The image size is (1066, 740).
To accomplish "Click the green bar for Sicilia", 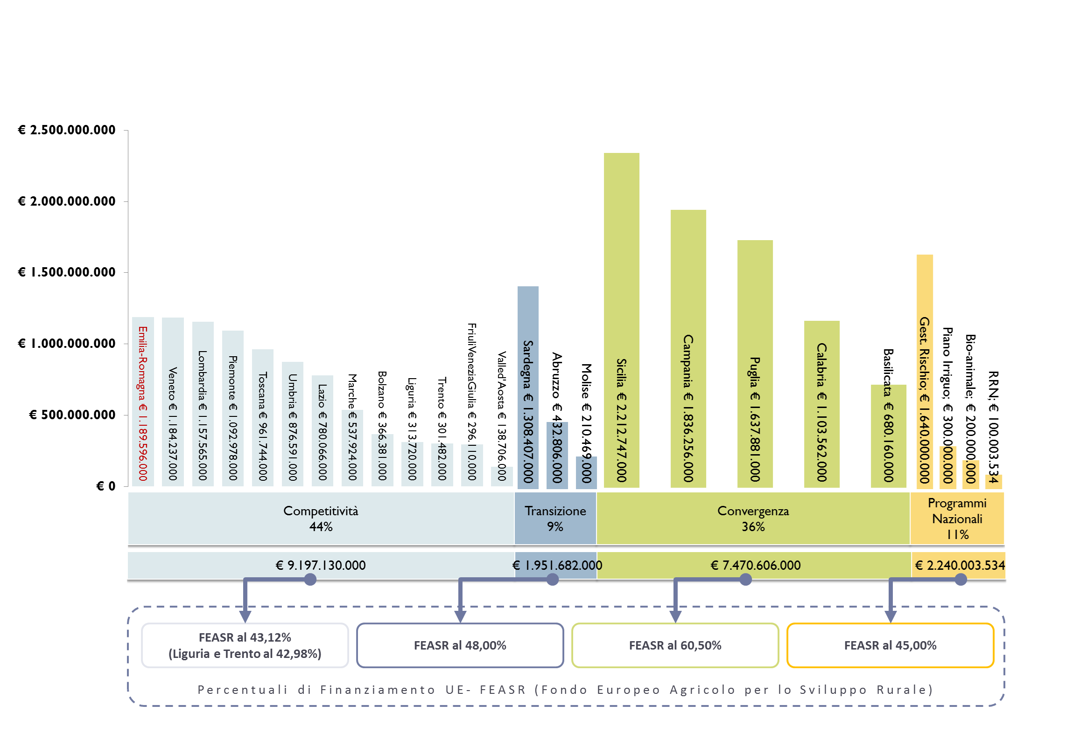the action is coord(621,320).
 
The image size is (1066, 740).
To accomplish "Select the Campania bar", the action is coord(688,349).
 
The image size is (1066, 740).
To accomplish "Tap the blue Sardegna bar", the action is coord(528,387).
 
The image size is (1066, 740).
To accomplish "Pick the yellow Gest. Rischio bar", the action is coord(925,371).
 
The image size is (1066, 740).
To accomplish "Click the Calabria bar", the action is coord(821,404).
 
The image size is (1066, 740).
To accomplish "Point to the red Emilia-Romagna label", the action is coord(143,403).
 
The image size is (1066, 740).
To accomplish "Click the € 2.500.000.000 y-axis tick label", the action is coord(66,130).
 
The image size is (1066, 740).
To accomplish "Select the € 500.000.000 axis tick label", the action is coord(72,415).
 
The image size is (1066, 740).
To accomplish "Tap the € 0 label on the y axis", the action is coord(105,486).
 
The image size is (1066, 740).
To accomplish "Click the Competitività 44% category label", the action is coord(321,519).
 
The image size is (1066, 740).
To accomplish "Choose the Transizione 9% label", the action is coord(555,519).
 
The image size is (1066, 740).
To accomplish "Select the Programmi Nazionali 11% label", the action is coord(957,519).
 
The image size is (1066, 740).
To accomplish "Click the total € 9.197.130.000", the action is coord(321,565).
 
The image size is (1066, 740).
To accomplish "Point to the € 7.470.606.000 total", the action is coord(755,565).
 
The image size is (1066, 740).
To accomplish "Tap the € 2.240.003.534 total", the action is coord(960,565).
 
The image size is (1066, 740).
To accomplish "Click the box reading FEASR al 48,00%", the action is coord(460,645).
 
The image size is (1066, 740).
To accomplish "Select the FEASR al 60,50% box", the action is coord(675,645).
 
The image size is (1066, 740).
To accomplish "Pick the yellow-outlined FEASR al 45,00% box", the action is coord(890,645).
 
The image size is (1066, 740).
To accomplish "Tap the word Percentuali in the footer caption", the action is coord(243,690).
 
